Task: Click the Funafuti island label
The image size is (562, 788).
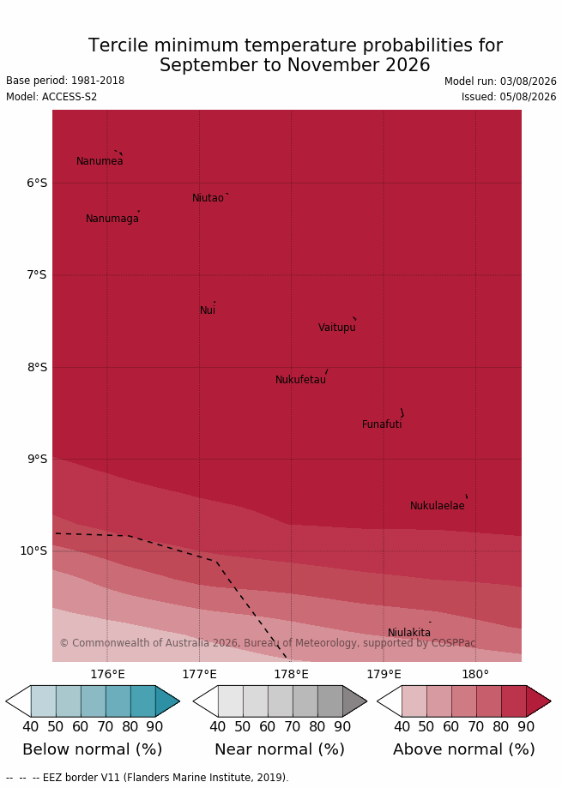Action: [382, 424]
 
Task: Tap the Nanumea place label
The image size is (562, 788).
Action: [100, 161]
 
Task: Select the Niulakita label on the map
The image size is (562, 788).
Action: [409, 633]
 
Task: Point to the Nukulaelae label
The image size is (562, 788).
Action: [438, 506]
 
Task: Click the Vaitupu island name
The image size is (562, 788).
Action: [337, 328]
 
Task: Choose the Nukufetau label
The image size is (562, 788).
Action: [300, 380]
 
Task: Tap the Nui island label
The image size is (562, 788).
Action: [208, 310]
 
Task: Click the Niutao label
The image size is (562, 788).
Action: [208, 198]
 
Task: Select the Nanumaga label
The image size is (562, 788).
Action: [112, 219]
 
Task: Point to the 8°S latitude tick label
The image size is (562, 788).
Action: [37, 367]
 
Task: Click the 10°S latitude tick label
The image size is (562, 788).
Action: [33, 550]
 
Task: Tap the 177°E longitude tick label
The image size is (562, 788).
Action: [200, 675]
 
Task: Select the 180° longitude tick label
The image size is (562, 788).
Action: [475, 675]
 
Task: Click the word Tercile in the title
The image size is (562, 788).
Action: [118, 45]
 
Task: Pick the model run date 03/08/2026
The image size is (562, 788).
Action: [529, 81]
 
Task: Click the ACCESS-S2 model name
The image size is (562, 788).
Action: [69, 97]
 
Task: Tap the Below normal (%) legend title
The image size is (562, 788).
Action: [93, 749]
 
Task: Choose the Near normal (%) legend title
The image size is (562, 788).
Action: [280, 749]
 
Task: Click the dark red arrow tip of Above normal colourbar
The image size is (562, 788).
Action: [551, 701]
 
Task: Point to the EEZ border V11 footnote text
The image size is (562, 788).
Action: [166, 778]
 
